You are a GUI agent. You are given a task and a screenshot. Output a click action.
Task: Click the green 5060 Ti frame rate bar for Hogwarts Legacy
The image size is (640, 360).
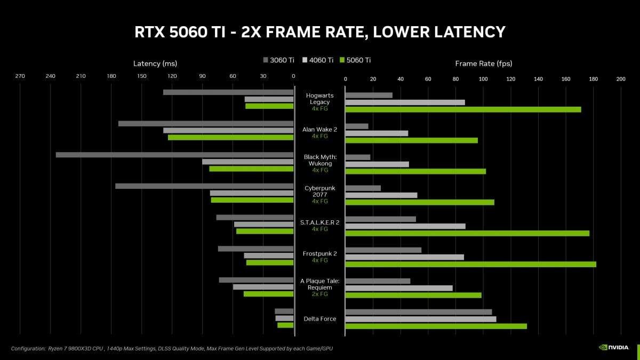[x=463, y=109]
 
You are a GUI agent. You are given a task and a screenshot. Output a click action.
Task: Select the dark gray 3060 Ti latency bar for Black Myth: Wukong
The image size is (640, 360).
[x=174, y=155]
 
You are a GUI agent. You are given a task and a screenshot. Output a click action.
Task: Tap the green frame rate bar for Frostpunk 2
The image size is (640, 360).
[x=470, y=264]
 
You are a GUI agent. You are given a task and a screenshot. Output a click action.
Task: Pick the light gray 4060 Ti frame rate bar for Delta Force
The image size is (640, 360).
[x=420, y=319]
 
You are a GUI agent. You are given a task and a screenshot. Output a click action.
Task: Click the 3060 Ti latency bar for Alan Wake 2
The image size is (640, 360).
[x=206, y=123]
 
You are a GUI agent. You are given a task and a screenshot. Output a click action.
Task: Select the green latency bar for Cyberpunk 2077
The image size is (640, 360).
[x=252, y=200]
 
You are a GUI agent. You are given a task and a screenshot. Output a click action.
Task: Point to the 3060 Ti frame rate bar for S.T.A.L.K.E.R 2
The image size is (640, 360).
[x=380, y=219]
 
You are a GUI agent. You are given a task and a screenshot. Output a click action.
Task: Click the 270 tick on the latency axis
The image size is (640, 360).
[x=20, y=76]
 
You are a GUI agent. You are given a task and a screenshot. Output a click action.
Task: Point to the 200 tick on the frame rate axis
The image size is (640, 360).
[x=620, y=79]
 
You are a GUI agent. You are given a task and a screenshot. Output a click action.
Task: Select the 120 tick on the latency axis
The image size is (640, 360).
[x=172, y=76]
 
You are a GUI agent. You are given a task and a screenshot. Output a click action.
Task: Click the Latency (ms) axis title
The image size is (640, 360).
[x=155, y=63]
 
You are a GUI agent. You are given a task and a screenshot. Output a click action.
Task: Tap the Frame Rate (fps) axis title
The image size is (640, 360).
[x=483, y=63]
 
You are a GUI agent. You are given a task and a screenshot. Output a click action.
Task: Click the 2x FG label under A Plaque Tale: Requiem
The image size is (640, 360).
[x=319, y=294]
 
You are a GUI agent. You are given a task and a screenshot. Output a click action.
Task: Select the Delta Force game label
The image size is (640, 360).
[x=319, y=318]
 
